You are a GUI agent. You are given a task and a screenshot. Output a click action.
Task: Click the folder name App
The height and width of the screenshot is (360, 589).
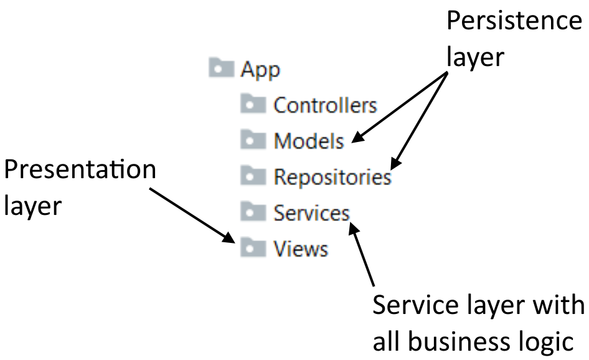click(260, 69)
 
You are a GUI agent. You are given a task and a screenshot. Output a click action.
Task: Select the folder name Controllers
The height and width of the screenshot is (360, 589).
click(325, 105)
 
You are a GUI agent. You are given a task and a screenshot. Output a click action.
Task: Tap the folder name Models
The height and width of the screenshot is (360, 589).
click(308, 141)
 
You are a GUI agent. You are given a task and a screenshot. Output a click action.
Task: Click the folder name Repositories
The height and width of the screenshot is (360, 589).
click(332, 177)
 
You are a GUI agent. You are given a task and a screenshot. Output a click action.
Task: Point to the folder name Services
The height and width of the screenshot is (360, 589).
click(311, 213)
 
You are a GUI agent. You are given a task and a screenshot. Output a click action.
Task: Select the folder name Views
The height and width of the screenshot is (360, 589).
click(300, 249)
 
